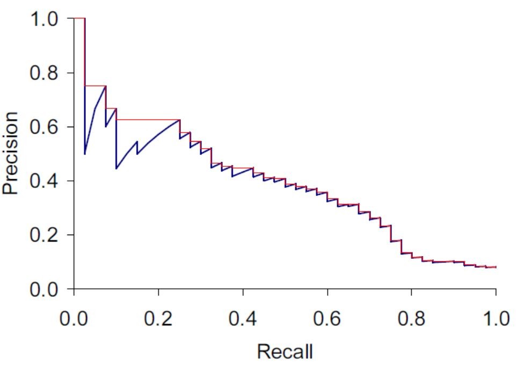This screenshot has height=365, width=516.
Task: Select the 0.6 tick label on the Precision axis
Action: (x=43, y=127)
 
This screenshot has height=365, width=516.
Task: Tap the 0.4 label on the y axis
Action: (x=43, y=181)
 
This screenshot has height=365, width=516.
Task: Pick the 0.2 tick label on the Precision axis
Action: (x=43, y=235)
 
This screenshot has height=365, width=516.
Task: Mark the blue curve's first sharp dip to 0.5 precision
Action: (x=85, y=154)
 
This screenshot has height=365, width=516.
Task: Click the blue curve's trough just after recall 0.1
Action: (x=117, y=169)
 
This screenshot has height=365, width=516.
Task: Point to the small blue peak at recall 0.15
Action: (x=137, y=142)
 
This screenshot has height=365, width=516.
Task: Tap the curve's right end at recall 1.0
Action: (x=495, y=267)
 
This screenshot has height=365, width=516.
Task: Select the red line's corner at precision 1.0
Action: (x=85, y=18)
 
